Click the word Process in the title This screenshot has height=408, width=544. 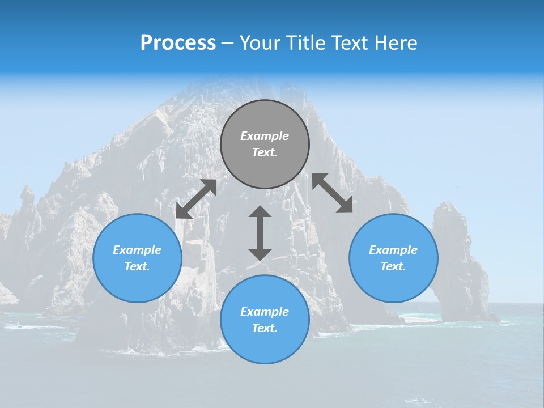(178, 43)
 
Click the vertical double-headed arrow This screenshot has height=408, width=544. (260, 233)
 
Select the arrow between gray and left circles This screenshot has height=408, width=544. (196, 199)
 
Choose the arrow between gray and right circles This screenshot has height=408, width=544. (332, 193)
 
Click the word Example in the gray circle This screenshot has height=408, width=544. (265, 136)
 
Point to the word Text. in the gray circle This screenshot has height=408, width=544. (265, 152)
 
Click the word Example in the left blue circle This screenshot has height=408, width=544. (137, 250)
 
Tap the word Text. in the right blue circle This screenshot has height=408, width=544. (393, 266)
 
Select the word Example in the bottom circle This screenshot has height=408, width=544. (265, 312)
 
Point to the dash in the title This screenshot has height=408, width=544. (227, 44)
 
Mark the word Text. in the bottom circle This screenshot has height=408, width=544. (265, 328)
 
